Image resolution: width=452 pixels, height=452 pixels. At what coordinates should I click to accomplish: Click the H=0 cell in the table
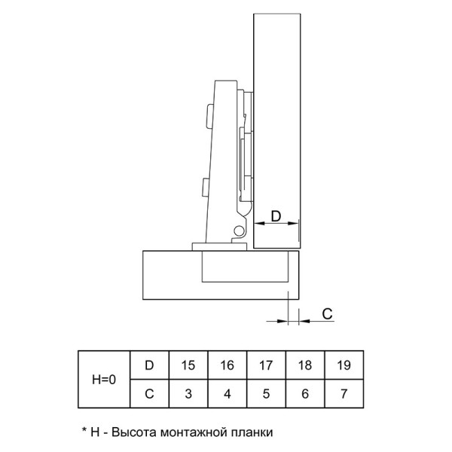[x=104, y=380]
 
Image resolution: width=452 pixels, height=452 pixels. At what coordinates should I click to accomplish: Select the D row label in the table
[x=149, y=365]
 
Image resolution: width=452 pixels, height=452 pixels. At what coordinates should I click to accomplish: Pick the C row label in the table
[x=149, y=393]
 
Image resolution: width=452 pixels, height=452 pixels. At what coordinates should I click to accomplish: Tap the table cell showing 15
[x=188, y=365]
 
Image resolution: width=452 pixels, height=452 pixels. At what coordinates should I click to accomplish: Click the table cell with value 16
[x=228, y=365]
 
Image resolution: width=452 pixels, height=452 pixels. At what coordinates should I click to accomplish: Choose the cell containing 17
[x=266, y=365]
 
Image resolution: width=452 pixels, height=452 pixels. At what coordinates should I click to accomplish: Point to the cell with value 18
[x=305, y=365]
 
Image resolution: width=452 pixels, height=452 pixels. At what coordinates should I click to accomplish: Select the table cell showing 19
[x=344, y=365]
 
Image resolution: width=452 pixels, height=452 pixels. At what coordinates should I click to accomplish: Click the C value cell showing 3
[x=188, y=393]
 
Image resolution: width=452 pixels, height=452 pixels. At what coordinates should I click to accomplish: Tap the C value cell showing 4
[x=228, y=393]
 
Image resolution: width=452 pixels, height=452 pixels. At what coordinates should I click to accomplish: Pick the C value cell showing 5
[x=266, y=393]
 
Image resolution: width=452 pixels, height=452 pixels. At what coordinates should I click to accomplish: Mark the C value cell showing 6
[x=305, y=393]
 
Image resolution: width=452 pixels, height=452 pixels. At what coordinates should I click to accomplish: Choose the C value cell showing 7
[x=344, y=393]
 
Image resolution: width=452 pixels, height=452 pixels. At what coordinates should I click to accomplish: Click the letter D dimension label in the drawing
[x=276, y=216]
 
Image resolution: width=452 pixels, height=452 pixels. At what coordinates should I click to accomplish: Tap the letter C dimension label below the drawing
[x=327, y=314]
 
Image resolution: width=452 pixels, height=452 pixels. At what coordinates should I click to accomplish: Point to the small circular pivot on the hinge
[x=238, y=231]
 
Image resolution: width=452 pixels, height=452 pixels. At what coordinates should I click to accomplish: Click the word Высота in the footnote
[x=134, y=432]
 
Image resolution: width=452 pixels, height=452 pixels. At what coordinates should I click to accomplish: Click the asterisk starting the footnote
[x=84, y=430]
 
